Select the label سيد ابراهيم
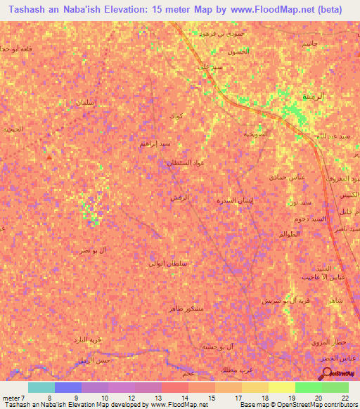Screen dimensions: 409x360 [154, 143]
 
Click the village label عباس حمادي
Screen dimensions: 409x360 [287, 178]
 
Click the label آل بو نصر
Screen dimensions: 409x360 [94, 249]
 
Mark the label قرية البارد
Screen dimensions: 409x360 [89, 339]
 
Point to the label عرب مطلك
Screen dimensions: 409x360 [238, 369]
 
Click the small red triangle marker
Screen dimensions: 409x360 [49, 157]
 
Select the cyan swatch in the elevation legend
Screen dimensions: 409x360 [41, 387]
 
